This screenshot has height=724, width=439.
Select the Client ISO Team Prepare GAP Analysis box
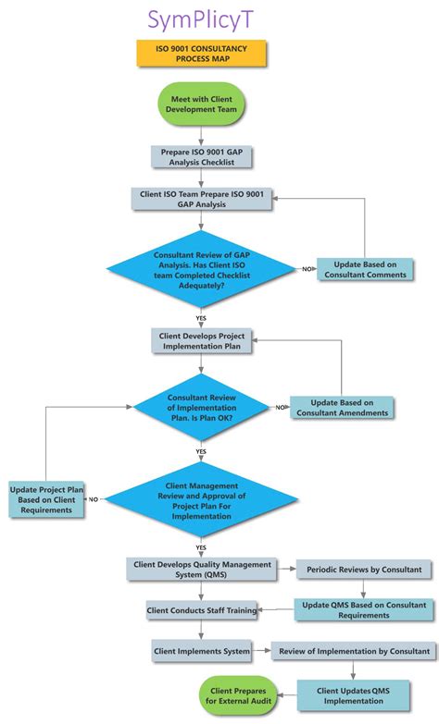click(x=202, y=199)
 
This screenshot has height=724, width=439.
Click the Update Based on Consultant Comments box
click(x=364, y=269)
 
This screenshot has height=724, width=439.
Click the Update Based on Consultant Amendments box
click(x=342, y=407)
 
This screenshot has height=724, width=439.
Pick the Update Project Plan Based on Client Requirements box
click(x=44, y=499)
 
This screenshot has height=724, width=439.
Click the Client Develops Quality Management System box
click(x=202, y=569)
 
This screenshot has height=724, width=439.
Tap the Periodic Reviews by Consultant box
click(x=364, y=569)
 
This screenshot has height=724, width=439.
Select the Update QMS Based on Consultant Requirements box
click(x=364, y=609)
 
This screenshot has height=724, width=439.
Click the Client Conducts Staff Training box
click(x=201, y=610)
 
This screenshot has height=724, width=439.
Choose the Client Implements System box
click(x=202, y=651)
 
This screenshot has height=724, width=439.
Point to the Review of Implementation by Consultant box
click(x=351, y=651)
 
